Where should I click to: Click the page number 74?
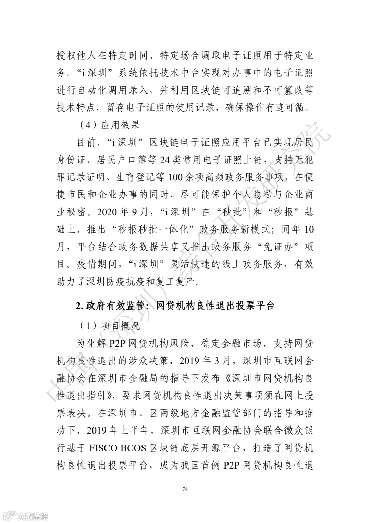[185, 489]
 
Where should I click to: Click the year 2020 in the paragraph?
[107, 212]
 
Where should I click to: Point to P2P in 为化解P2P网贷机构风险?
[109, 344]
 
